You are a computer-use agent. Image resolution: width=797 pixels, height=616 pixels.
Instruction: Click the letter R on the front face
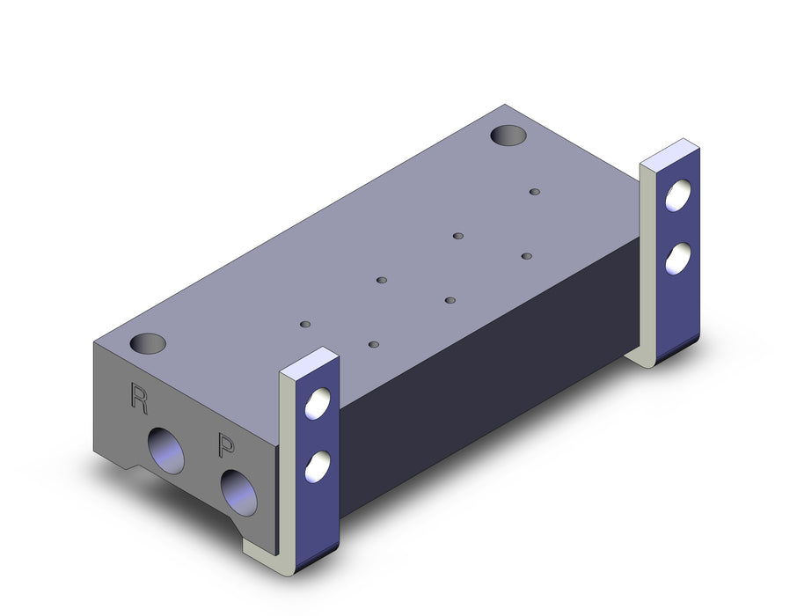pyautogui.click(x=138, y=399)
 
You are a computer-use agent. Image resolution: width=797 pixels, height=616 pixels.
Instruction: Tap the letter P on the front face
pyautogui.click(x=225, y=444)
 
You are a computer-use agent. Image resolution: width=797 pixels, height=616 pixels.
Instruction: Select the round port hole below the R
pyautogui.click(x=165, y=451)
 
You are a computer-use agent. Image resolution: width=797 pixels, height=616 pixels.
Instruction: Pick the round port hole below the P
pyautogui.click(x=239, y=493)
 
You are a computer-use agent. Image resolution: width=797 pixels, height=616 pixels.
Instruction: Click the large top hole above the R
pyautogui.click(x=148, y=343)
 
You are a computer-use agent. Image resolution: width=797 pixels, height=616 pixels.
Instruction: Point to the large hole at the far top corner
pyautogui.click(x=508, y=136)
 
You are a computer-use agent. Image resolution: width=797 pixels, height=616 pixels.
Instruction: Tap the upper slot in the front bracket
pyautogui.click(x=318, y=403)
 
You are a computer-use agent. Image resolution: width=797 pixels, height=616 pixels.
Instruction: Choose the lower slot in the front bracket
pyautogui.click(x=318, y=466)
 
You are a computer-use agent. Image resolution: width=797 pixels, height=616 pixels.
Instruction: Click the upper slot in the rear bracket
pyautogui.click(x=678, y=195)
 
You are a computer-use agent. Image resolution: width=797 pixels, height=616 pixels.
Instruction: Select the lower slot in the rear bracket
pyautogui.click(x=678, y=259)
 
